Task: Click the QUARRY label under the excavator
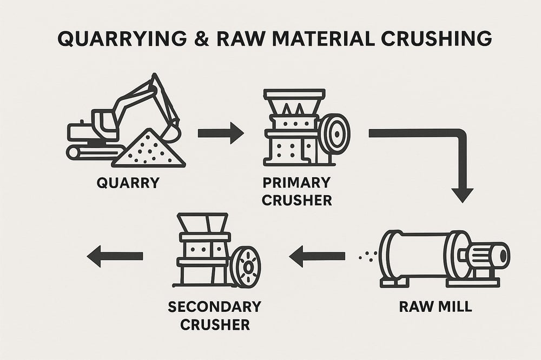[x=128, y=183]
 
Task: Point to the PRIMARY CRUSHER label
[x=296, y=192]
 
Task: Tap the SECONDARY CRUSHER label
[x=215, y=316]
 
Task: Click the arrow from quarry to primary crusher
[x=220, y=133]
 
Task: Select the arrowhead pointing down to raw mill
[x=462, y=193]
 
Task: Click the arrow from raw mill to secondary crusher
[x=317, y=255]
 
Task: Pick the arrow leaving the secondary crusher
[x=114, y=256]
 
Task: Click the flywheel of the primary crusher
[x=334, y=133]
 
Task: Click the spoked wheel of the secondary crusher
[x=246, y=267]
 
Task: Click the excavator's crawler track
[x=89, y=152]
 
